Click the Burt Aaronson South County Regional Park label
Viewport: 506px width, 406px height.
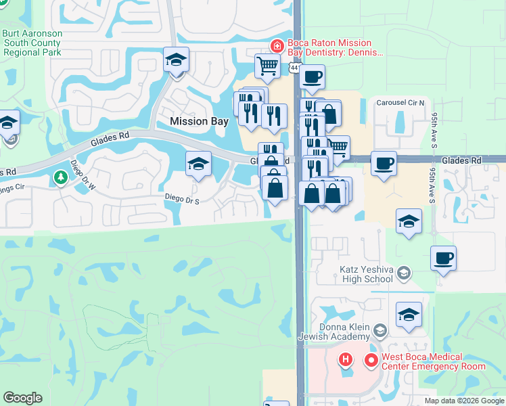tap(32, 43)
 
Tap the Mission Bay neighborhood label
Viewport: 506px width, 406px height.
tap(199, 121)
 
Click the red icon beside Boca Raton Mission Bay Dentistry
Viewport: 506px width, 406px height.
tap(276, 46)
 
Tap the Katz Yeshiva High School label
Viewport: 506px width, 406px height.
tap(365, 273)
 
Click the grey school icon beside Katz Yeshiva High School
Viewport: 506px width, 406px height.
tap(404, 273)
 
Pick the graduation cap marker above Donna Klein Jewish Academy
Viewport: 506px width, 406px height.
tap(409, 315)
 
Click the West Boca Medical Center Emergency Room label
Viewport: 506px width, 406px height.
tap(433, 361)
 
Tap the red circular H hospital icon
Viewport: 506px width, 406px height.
tap(345, 359)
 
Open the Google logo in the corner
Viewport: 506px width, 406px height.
tap(22, 398)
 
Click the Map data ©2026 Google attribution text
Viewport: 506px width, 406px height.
tap(463, 401)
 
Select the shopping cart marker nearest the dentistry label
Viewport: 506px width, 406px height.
tap(267, 66)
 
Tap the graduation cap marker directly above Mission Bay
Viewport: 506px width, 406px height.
tap(176, 60)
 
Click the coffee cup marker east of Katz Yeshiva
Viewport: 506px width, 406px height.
tap(443, 258)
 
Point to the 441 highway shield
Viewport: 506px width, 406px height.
tap(294, 68)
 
